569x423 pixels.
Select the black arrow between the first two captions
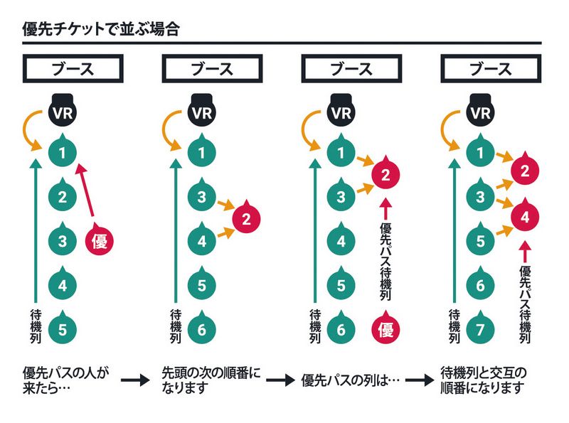coord(133,382)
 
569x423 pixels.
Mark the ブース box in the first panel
coord(73,70)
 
